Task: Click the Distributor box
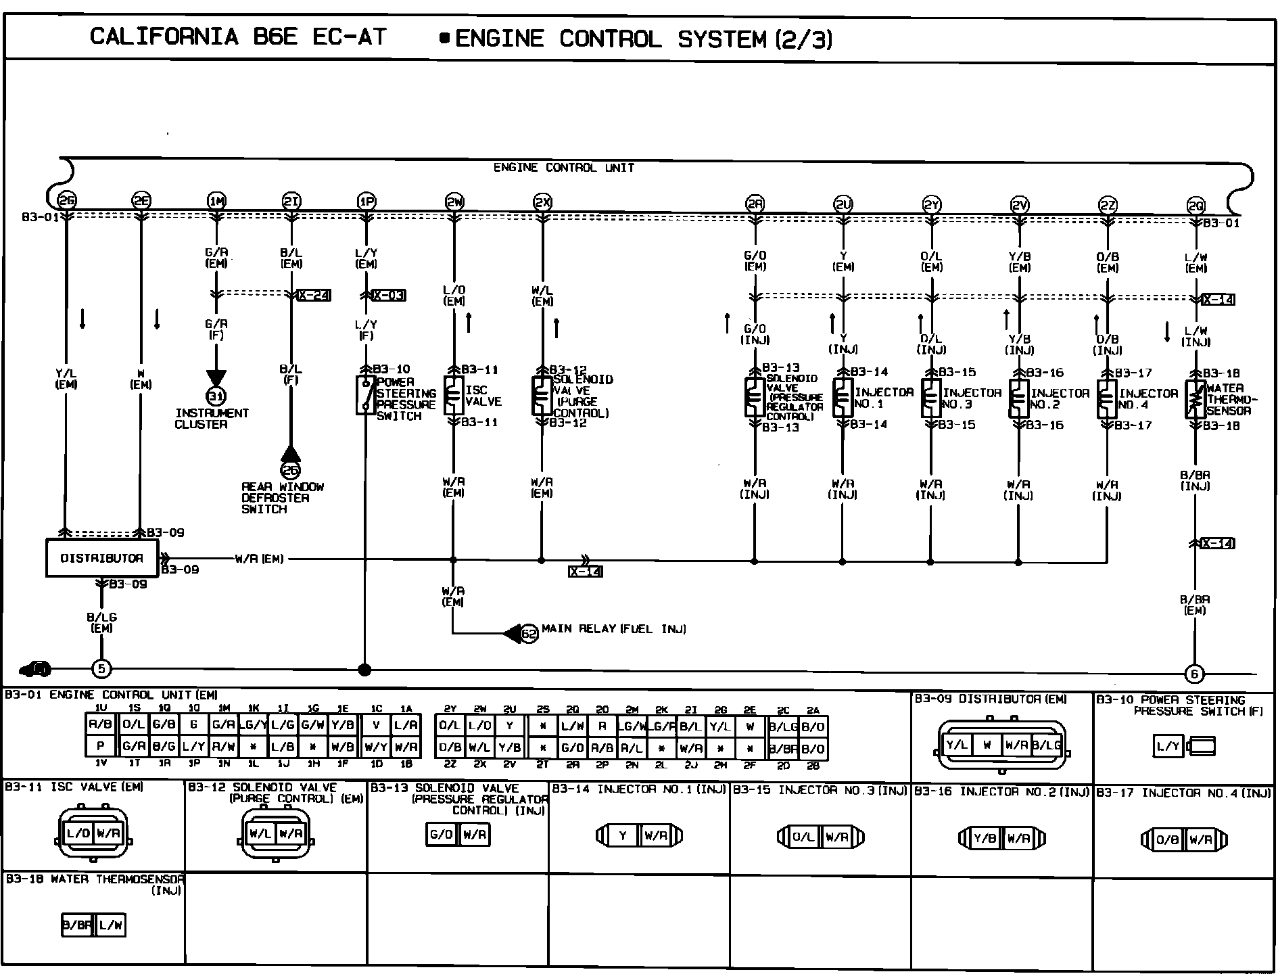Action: [102, 558]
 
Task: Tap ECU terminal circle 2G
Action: [66, 200]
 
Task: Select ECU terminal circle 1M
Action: [216, 201]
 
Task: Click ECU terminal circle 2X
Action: [542, 202]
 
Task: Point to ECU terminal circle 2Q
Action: [1196, 206]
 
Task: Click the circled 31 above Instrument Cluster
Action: [216, 396]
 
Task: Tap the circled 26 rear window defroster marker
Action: [290, 470]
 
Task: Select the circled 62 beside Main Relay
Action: [529, 634]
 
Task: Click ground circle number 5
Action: [101, 669]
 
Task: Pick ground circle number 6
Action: [1195, 674]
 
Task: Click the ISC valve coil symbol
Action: [453, 396]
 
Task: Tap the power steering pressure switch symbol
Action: [366, 395]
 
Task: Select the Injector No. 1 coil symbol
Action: [842, 397]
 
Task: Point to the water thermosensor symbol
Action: [1196, 399]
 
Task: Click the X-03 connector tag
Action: [389, 296]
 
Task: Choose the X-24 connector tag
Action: [314, 295]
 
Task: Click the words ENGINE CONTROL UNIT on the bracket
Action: [563, 168]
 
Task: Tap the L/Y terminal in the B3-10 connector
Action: [1168, 747]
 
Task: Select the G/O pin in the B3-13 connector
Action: [442, 835]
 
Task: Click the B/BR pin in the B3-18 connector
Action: [77, 925]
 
